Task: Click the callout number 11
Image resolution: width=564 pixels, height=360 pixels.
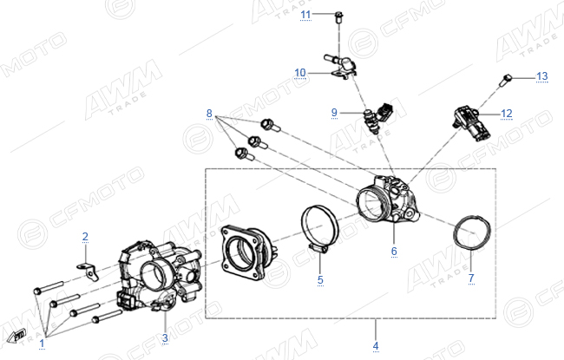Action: [x=305, y=15]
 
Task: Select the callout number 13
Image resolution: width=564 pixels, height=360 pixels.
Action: [x=541, y=76]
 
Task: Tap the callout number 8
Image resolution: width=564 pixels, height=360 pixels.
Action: [x=209, y=114]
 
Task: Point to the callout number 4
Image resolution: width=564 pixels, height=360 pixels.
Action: [x=376, y=346]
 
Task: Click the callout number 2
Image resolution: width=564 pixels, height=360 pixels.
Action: [x=85, y=237]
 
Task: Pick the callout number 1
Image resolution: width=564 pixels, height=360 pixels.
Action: [x=42, y=344]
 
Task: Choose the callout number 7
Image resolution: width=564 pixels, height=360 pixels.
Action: [x=471, y=278]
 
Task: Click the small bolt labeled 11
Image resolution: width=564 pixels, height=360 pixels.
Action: [x=338, y=16]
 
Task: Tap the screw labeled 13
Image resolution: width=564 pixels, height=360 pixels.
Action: [x=505, y=80]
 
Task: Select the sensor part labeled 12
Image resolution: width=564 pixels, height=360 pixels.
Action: [x=468, y=122]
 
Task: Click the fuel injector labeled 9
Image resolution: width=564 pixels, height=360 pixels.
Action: [x=378, y=116]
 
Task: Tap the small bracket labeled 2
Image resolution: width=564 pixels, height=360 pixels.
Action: [x=89, y=271]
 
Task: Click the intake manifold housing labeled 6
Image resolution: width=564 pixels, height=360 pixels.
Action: [x=388, y=199]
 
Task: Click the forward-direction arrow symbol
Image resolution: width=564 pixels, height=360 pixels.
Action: [x=16, y=336]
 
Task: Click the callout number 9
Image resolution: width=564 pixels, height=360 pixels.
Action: [x=335, y=113]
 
